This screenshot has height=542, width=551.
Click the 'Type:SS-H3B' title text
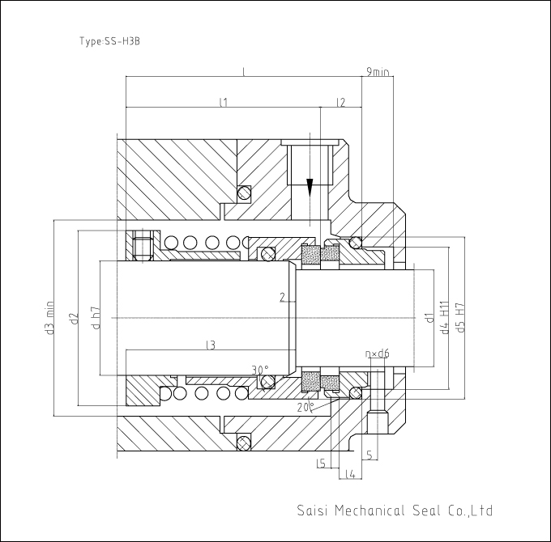(109, 41)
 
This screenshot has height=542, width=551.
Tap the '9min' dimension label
(378, 71)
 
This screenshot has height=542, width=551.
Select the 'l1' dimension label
(224, 102)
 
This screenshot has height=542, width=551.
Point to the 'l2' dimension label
(341, 102)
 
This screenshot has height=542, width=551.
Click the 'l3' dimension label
(211, 345)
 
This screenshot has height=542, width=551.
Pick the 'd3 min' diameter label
(50, 317)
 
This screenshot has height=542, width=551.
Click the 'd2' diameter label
(74, 318)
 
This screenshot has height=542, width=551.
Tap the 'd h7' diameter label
(96, 318)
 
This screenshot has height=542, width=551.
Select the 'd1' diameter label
(429, 317)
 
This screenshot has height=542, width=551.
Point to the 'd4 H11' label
(445, 317)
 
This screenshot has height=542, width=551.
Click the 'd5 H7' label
(460, 317)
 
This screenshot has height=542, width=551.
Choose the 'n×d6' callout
(377, 354)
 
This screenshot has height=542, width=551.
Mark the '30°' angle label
(260, 370)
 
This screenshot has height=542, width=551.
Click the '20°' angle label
(305, 407)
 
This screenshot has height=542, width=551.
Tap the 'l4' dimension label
(350, 474)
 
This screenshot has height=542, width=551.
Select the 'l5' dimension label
(321, 464)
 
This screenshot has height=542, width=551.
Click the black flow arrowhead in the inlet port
(310, 188)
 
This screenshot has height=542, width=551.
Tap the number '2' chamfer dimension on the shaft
(283, 298)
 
